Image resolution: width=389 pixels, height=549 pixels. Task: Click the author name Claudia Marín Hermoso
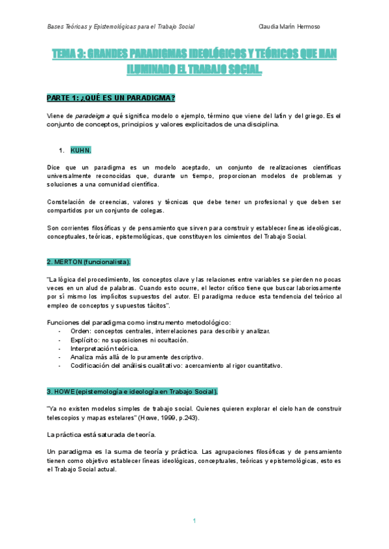[x=289, y=27]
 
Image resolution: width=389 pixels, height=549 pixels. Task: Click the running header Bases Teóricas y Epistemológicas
[x=121, y=27]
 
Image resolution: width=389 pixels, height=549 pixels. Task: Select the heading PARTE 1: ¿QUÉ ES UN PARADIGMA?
[x=111, y=98]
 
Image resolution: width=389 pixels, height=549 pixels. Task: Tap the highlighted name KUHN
[x=81, y=150]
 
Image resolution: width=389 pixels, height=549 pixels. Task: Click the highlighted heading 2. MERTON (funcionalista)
[x=89, y=262]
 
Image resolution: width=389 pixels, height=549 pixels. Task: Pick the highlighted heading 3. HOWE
[x=132, y=392]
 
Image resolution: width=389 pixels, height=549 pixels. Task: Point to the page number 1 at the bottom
[x=194, y=521]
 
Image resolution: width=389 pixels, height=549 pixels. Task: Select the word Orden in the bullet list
[x=81, y=331]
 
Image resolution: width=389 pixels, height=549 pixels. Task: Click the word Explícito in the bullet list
[x=85, y=340]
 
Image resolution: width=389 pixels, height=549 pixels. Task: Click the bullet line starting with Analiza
[x=83, y=357]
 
